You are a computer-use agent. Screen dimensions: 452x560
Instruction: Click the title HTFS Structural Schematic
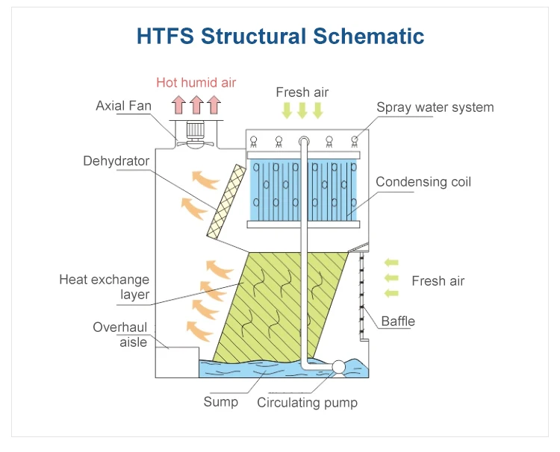tap(280, 36)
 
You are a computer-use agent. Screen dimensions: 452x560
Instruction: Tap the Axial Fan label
tap(123, 106)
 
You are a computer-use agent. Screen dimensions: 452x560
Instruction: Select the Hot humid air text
tap(196, 83)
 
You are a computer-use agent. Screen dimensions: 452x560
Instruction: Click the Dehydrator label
tap(116, 161)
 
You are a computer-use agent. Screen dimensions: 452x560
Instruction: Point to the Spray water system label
tap(435, 107)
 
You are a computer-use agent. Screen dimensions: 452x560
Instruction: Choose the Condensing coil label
tap(423, 182)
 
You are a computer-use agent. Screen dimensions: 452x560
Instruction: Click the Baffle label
tap(398, 321)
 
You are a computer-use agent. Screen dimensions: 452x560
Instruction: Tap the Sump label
tap(221, 402)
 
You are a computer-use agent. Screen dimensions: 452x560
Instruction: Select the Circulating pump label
tap(307, 403)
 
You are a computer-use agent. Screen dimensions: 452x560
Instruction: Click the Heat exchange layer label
tap(105, 287)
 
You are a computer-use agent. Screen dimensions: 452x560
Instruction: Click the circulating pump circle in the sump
tap(337, 366)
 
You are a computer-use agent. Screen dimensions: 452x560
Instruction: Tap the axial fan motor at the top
tap(196, 131)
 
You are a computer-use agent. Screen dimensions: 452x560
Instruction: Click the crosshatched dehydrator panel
tap(227, 202)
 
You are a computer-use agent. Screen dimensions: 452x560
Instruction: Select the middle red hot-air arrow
tap(196, 103)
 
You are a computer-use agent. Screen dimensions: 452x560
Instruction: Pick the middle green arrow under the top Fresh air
tap(302, 110)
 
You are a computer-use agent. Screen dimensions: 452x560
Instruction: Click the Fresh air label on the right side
tap(438, 281)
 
